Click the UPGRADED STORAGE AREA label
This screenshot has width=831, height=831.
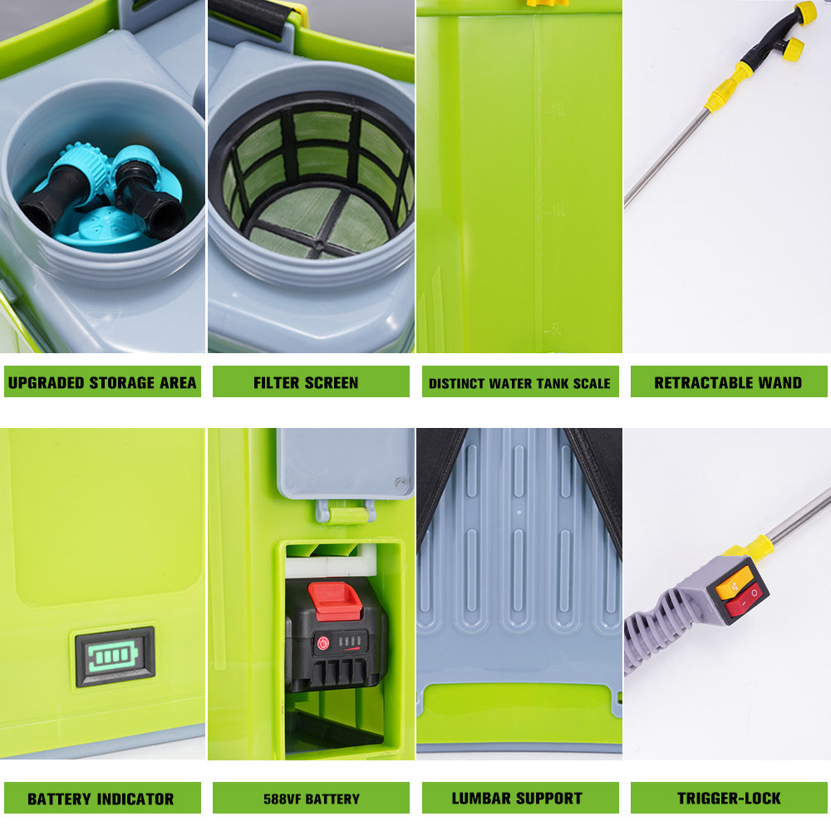pos(102,382)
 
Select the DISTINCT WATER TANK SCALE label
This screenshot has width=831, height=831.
pos(519,383)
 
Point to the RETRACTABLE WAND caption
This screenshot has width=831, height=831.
pos(728,382)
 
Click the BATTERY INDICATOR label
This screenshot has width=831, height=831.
pos(101,799)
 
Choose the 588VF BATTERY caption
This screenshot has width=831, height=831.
pos(312,799)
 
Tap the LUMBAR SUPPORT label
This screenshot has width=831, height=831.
pos(517,799)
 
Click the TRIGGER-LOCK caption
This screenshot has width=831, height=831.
pos(729,799)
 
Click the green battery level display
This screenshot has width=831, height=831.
pos(116,656)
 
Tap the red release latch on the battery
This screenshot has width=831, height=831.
pos(336,599)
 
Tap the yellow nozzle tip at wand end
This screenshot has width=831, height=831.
pos(804,12)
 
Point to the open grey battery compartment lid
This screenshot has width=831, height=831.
pos(345,463)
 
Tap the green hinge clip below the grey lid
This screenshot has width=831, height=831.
pos(345,512)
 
